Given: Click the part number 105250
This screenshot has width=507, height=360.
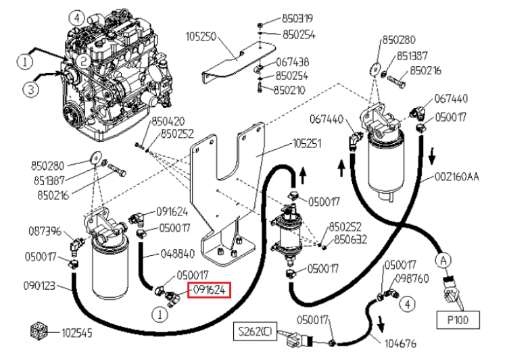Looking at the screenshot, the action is pyautogui.click(x=201, y=36).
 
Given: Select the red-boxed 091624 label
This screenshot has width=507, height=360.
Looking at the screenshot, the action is pyautogui.click(x=209, y=290).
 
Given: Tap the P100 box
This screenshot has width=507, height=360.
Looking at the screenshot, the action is pyautogui.click(x=458, y=320).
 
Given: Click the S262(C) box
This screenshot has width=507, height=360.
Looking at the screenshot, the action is pyautogui.click(x=255, y=331).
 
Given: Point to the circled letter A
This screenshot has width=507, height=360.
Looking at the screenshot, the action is pyautogui.click(x=443, y=260).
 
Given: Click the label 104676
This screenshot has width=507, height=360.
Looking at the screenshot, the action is pyautogui.click(x=400, y=343).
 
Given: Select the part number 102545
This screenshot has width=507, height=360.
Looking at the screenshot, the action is pyautogui.click(x=76, y=333).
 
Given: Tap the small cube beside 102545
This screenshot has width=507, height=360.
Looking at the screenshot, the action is pyautogui.click(x=39, y=331).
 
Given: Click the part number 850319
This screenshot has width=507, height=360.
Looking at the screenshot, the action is pyautogui.click(x=297, y=18).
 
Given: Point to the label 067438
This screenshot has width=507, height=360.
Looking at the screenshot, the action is pyautogui.click(x=292, y=62).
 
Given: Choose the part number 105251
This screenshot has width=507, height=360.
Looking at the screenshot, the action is pyautogui.click(x=307, y=143).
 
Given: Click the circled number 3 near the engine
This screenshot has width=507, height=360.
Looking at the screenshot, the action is pyautogui.click(x=30, y=88).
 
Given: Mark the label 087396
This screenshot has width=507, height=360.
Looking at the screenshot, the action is pyautogui.click(x=45, y=232).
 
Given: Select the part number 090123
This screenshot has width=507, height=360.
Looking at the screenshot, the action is pyautogui.click(x=39, y=286).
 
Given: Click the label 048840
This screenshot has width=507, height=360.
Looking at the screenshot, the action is pyautogui.click(x=178, y=254).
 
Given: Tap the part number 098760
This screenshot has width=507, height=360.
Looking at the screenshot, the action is pyautogui.click(x=412, y=278).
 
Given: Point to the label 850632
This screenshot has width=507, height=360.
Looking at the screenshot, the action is pyautogui.click(x=350, y=240).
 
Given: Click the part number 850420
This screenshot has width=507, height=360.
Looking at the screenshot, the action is pyautogui.click(x=168, y=122).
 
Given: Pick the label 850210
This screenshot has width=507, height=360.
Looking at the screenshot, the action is pyautogui.click(x=289, y=90).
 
